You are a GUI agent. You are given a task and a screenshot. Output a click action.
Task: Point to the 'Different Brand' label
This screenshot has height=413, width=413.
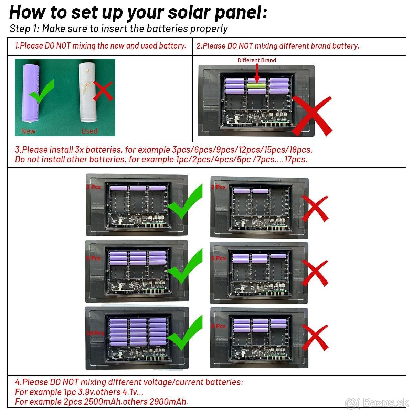257,60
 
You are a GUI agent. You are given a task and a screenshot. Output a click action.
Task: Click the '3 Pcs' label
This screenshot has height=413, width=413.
94,187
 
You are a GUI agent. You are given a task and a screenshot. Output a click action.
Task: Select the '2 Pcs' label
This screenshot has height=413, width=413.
218,187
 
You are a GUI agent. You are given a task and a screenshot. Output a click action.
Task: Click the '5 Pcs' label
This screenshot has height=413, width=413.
218,258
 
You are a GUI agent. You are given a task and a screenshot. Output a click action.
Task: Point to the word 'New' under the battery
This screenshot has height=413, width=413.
28,131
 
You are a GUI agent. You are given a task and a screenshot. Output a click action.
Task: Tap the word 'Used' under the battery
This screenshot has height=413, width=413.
89,131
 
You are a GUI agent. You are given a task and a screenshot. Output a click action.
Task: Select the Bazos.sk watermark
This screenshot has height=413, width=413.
377,402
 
